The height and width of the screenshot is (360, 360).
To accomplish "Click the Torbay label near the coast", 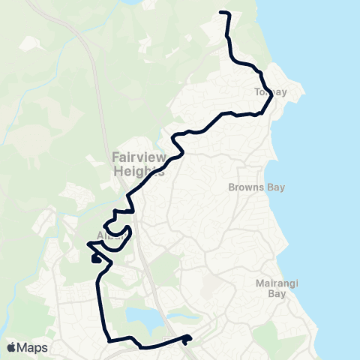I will click(270, 91).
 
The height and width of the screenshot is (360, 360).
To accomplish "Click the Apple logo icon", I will click(13, 347).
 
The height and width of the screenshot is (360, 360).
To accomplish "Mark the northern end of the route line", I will click(220, 13).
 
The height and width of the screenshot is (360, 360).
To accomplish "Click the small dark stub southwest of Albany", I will click(95, 259).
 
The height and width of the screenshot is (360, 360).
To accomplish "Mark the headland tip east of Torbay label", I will click(304, 91).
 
